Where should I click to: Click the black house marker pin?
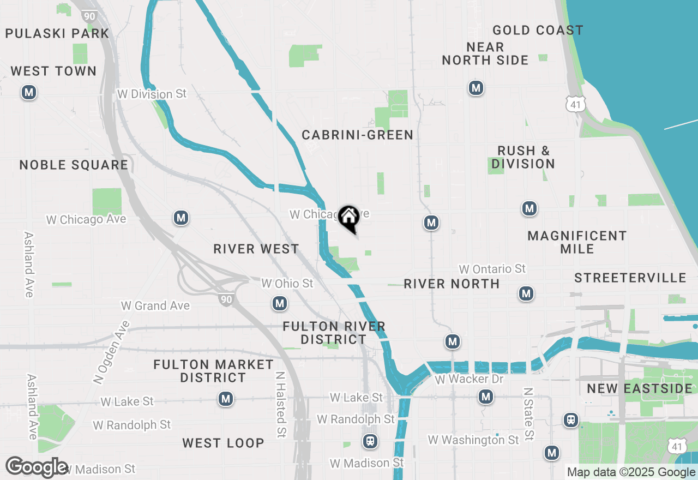click(348, 218)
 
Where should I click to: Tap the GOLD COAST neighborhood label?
click(537, 30)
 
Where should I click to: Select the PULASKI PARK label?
click(57, 33)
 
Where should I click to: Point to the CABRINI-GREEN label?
click(358, 135)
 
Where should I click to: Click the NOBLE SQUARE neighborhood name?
click(74, 165)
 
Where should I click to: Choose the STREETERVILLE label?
click(630, 278)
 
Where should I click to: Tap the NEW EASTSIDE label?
click(639, 389)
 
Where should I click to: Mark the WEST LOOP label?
click(223, 443)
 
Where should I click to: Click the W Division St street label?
click(152, 94)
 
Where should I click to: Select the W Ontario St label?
click(492, 269)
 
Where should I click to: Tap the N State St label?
click(527, 414)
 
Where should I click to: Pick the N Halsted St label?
click(281, 404)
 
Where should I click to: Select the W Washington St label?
click(473, 440)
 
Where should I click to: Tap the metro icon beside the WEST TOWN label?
click(29, 93)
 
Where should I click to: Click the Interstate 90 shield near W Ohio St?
click(226, 299)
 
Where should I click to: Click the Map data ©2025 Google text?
click(631, 472)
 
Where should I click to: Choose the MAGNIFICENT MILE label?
click(577, 242)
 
